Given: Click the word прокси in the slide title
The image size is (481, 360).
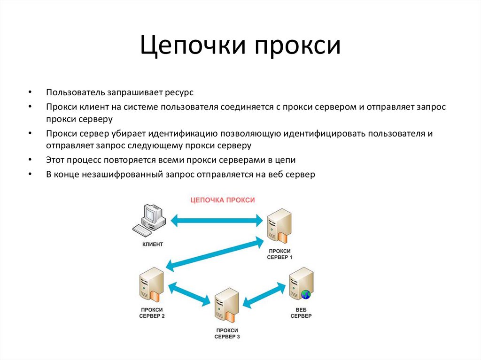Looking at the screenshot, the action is pos(298,46).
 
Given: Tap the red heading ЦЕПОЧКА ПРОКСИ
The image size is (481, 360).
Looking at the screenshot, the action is pos(222,200).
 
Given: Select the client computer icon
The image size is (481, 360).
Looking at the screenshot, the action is pos(149,220).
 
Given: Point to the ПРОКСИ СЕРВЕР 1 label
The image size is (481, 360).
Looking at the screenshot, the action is pos(279,254).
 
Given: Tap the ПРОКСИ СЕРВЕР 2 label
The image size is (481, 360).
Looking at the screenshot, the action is pos(152,313).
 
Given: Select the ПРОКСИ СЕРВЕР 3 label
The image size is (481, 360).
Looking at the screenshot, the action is pos(227,334).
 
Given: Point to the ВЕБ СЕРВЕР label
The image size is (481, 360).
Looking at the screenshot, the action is pos(301,313).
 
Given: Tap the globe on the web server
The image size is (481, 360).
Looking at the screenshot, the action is pos(306,295).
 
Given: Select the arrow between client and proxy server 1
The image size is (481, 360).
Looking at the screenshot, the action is pos(217,219).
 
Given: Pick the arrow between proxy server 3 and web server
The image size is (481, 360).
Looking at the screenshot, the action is pos(265,295).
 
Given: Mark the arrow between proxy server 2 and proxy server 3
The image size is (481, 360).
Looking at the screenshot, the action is pos(191,293).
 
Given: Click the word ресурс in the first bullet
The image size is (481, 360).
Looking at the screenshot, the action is pos(178,92).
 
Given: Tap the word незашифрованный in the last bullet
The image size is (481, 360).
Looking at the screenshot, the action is pos(124,174).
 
